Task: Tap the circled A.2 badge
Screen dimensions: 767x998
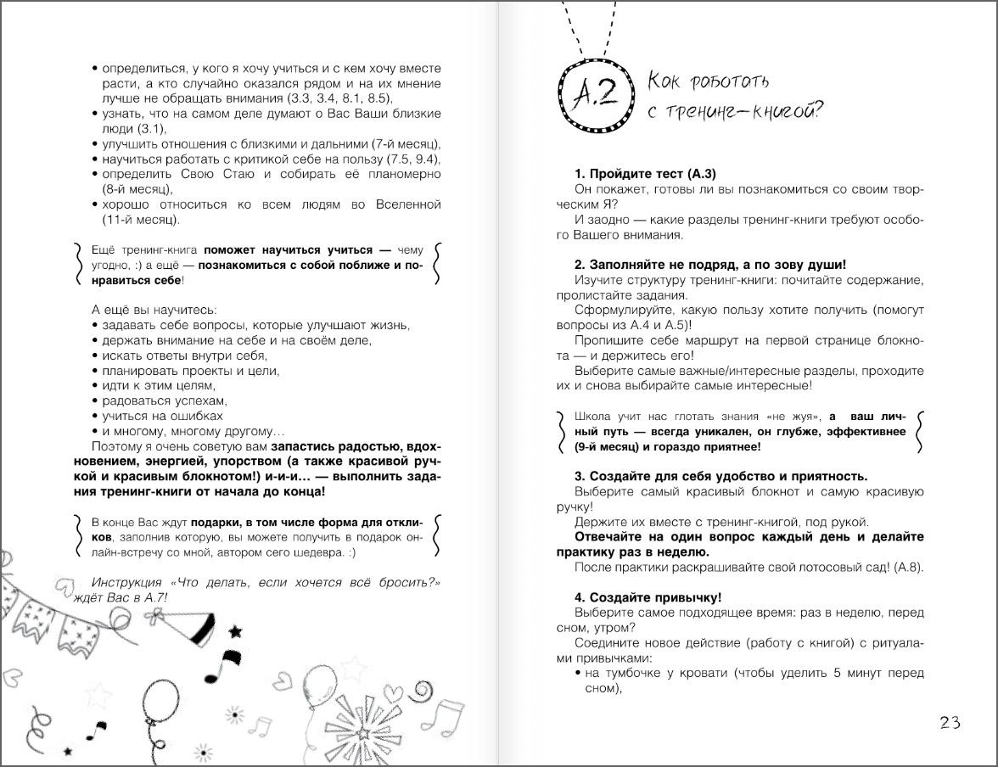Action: (x=595, y=91)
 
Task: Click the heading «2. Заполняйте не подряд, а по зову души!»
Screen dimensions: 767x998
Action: (x=709, y=265)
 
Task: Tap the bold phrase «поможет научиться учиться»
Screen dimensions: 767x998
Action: (x=289, y=251)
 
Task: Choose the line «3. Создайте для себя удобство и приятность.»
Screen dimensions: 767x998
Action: (x=720, y=476)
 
